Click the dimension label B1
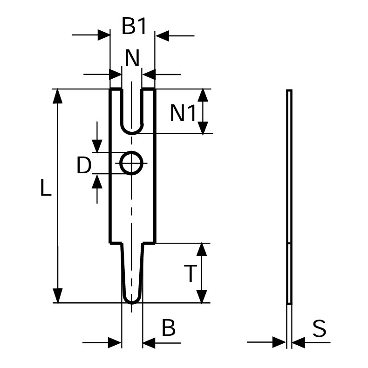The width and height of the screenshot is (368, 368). click(134, 26)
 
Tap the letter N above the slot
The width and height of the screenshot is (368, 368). click(132, 58)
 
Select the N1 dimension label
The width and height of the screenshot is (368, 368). click(183, 113)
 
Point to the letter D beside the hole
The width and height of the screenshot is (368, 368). click(84, 165)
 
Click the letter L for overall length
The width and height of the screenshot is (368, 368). click(46, 187)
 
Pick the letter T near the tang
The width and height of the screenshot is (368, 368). click(190, 273)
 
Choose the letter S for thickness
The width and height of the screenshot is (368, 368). click(320, 328)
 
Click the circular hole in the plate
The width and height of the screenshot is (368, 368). click(131, 152)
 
